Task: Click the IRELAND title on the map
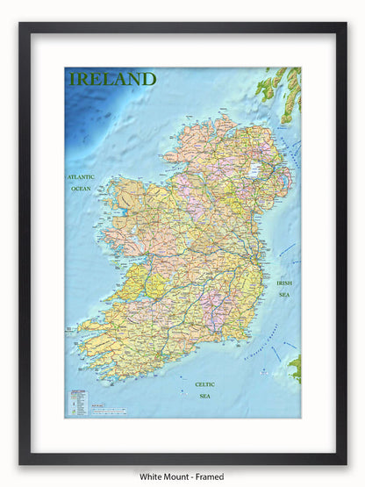coord(112,79)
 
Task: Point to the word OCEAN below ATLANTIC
coord(81,189)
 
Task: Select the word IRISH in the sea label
coord(284,283)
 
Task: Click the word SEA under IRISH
coord(284,295)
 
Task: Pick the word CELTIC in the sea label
coord(205,384)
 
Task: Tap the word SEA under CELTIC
coord(205,396)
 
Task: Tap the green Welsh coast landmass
coord(296,367)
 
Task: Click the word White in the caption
coord(152,476)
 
